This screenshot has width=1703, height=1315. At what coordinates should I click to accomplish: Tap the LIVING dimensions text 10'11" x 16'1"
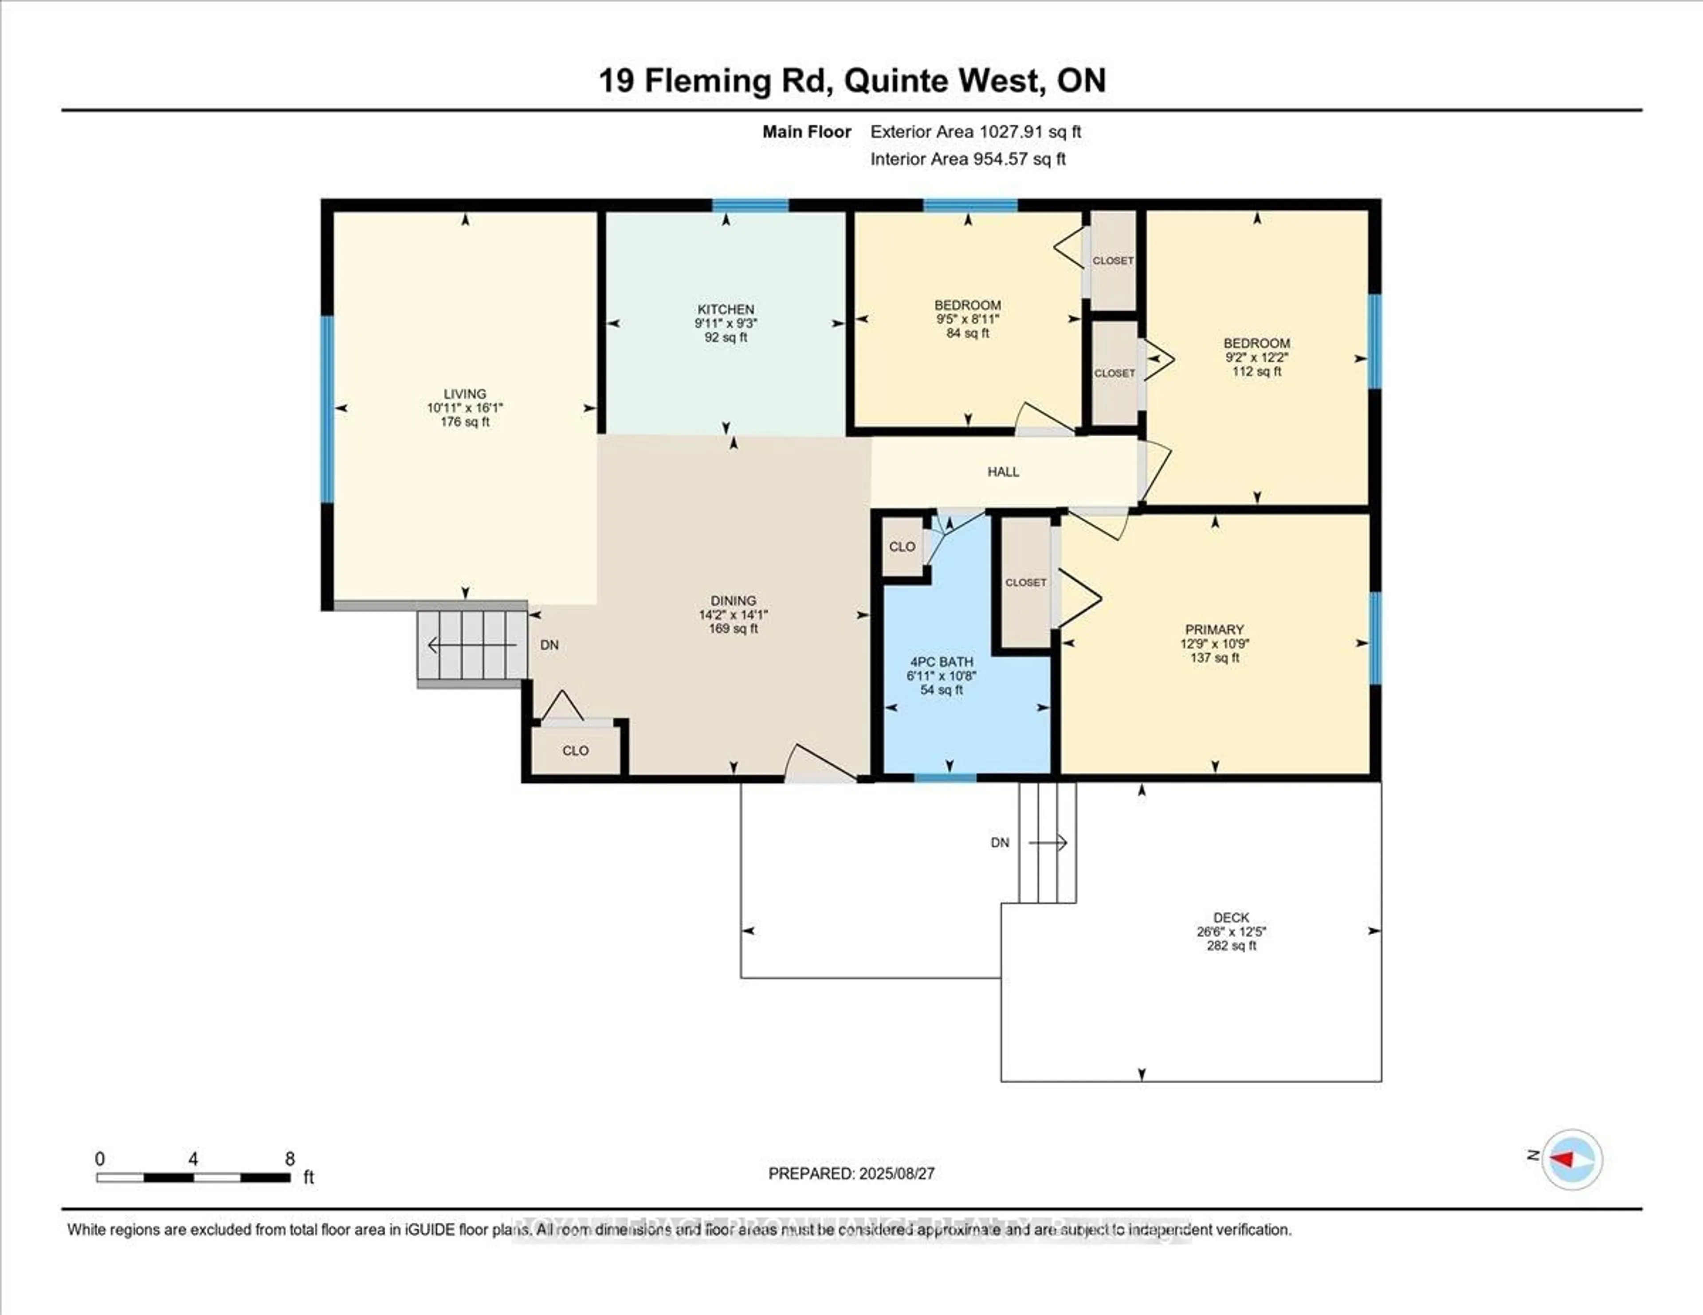[x=465, y=408]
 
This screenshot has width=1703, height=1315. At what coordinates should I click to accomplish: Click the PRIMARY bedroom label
[x=1214, y=629]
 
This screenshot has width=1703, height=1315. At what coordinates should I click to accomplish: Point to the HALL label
[x=1003, y=472]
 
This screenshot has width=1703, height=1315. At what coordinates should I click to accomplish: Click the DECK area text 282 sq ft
[x=1231, y=946]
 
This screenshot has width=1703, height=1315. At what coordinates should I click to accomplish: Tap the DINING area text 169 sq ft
[x=733, y=628]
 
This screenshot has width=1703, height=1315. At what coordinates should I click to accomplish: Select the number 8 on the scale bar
[x=289, y=1159]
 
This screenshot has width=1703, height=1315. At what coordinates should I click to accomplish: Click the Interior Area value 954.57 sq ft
[x=1018, y=159]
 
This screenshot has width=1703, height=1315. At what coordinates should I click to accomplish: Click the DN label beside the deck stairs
[x=1000, y=843]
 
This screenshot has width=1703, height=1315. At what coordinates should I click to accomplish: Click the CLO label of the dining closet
[x=576, y=751]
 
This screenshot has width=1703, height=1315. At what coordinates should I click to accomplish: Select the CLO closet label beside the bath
[x=902, y=546]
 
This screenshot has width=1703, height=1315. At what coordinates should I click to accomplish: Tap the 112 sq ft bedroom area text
[x=1256, y=371]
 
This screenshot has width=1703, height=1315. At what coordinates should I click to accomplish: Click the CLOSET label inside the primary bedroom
[x=1025, y=582]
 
